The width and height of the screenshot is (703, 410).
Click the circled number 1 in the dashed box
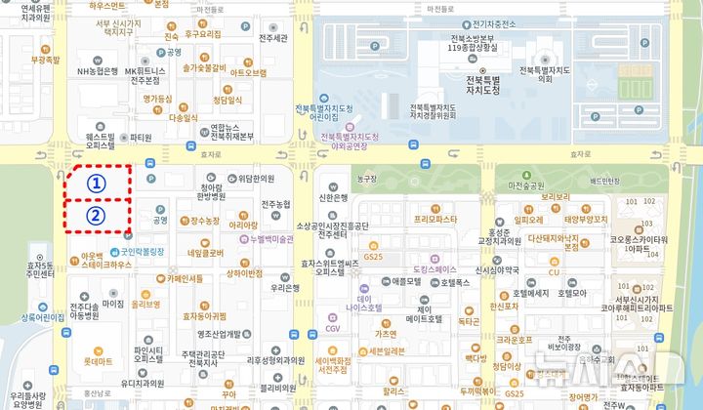tap(96, 183)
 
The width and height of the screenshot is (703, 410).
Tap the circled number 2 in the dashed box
tap(96, 216)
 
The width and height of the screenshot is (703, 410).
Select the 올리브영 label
tap(146, 304)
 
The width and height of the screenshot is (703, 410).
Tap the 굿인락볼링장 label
tap(134, 236)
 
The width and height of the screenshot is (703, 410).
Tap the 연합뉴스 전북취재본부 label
tap(231, 131)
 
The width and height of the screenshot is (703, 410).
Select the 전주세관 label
tap(273, 39)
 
